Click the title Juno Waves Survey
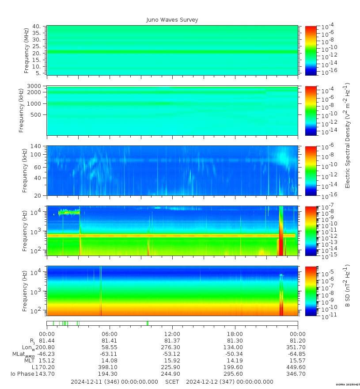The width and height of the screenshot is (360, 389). (x=172, y=20)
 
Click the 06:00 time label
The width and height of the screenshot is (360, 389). (x=110, y=334)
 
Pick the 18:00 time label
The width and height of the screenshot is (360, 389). (x=235, y=334)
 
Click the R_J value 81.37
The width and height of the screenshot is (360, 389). (x=172, y=341)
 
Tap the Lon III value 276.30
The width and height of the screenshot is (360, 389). (x=172, y=347)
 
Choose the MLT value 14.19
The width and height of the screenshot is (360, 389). (x=235, y=361)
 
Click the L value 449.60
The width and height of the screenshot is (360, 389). (x=297, y=367)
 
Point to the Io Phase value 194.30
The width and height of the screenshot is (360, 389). (x=110, y=374)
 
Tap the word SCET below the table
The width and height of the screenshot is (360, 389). (x=172, y=381)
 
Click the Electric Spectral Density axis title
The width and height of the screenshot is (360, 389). (x=347, y=135)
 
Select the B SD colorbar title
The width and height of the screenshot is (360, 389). (x=347, y=291)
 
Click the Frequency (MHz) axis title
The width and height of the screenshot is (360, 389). (x=27, y=50)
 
